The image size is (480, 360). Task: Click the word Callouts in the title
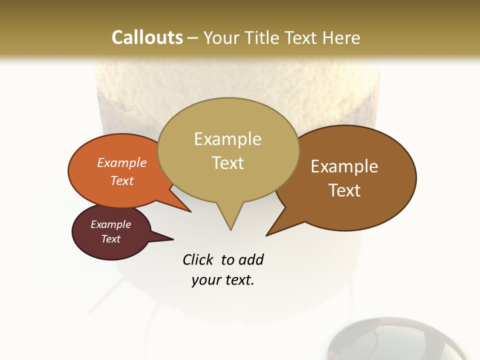point(147,37)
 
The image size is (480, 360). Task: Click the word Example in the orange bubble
point(122,163)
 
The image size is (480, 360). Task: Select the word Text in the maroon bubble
point(111,239)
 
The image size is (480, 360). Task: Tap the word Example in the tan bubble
point(227,139)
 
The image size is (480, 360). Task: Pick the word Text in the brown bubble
point(345,190)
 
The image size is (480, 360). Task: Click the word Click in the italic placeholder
point(198,260)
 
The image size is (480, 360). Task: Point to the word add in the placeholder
point(251,260)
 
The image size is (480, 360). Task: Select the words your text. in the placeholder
point(223,280)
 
